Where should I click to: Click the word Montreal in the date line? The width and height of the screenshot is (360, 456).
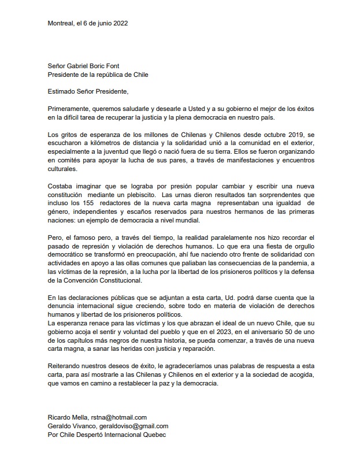60,24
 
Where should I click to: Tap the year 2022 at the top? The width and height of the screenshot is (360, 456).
119,24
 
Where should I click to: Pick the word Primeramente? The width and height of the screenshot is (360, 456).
70,109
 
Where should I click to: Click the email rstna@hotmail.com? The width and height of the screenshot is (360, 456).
117,417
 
